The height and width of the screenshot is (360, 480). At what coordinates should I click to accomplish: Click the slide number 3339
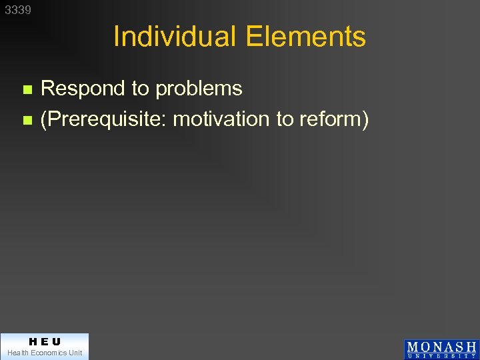point(18,11)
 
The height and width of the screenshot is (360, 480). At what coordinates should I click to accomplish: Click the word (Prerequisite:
point(103,119)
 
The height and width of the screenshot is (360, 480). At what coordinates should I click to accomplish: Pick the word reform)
point(334,119)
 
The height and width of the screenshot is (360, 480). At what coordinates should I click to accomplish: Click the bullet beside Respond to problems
point(27,89)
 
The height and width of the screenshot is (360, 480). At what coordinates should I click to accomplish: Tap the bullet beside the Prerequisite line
point(27,121)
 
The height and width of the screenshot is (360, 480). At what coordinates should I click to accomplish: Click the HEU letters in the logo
point(44,341)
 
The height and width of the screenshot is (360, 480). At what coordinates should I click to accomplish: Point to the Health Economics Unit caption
point(44,353)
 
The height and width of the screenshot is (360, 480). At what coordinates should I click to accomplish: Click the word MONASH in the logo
point(441,347)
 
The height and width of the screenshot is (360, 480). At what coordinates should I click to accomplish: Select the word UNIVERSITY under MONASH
point(441,356)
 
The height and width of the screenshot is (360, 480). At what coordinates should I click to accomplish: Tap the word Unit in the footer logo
point(74,353)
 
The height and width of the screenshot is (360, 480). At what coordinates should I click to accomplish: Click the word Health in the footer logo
point(17,353)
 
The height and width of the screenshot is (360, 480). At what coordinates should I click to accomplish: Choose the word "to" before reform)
point(285,119)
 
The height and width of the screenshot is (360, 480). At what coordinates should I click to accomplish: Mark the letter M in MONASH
point(413,347)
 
